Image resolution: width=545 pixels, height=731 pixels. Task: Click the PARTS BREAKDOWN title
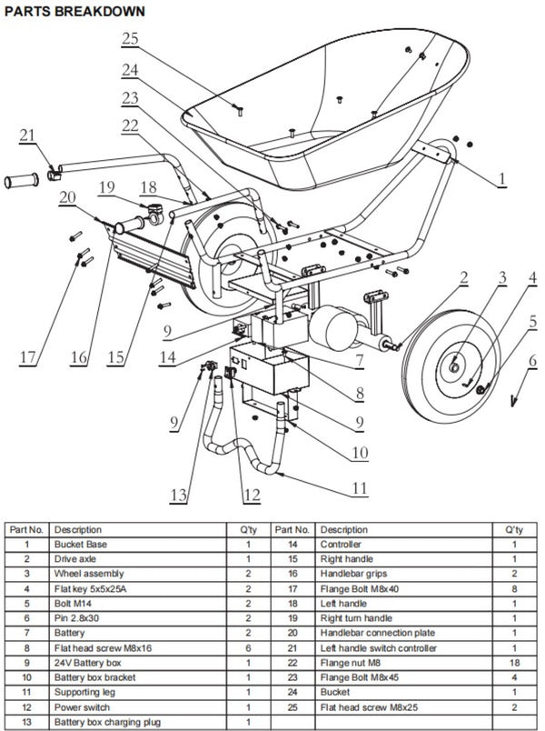74,11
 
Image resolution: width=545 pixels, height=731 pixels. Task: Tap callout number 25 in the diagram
130,39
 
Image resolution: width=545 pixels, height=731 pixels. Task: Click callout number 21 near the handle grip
27,135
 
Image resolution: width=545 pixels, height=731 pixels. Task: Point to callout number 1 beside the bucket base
501,178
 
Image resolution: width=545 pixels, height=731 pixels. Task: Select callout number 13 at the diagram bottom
178,495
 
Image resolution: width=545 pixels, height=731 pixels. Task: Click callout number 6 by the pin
532,360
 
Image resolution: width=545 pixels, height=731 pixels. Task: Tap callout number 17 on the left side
27,357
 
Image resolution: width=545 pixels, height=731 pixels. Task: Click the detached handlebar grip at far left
22,180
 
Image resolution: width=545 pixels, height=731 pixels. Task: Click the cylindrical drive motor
334,327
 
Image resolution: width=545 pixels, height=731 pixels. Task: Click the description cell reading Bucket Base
81,544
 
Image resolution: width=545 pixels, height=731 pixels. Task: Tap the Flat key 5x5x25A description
90,589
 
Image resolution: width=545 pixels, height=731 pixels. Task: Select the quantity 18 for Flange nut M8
514,663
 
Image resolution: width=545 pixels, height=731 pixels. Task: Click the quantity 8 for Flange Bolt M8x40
514,589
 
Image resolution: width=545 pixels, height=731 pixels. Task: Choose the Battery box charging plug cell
107,722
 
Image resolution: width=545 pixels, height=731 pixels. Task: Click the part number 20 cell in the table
292,633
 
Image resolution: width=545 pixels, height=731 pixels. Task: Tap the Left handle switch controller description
378,648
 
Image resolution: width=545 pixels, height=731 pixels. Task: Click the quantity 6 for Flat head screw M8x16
248,648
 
